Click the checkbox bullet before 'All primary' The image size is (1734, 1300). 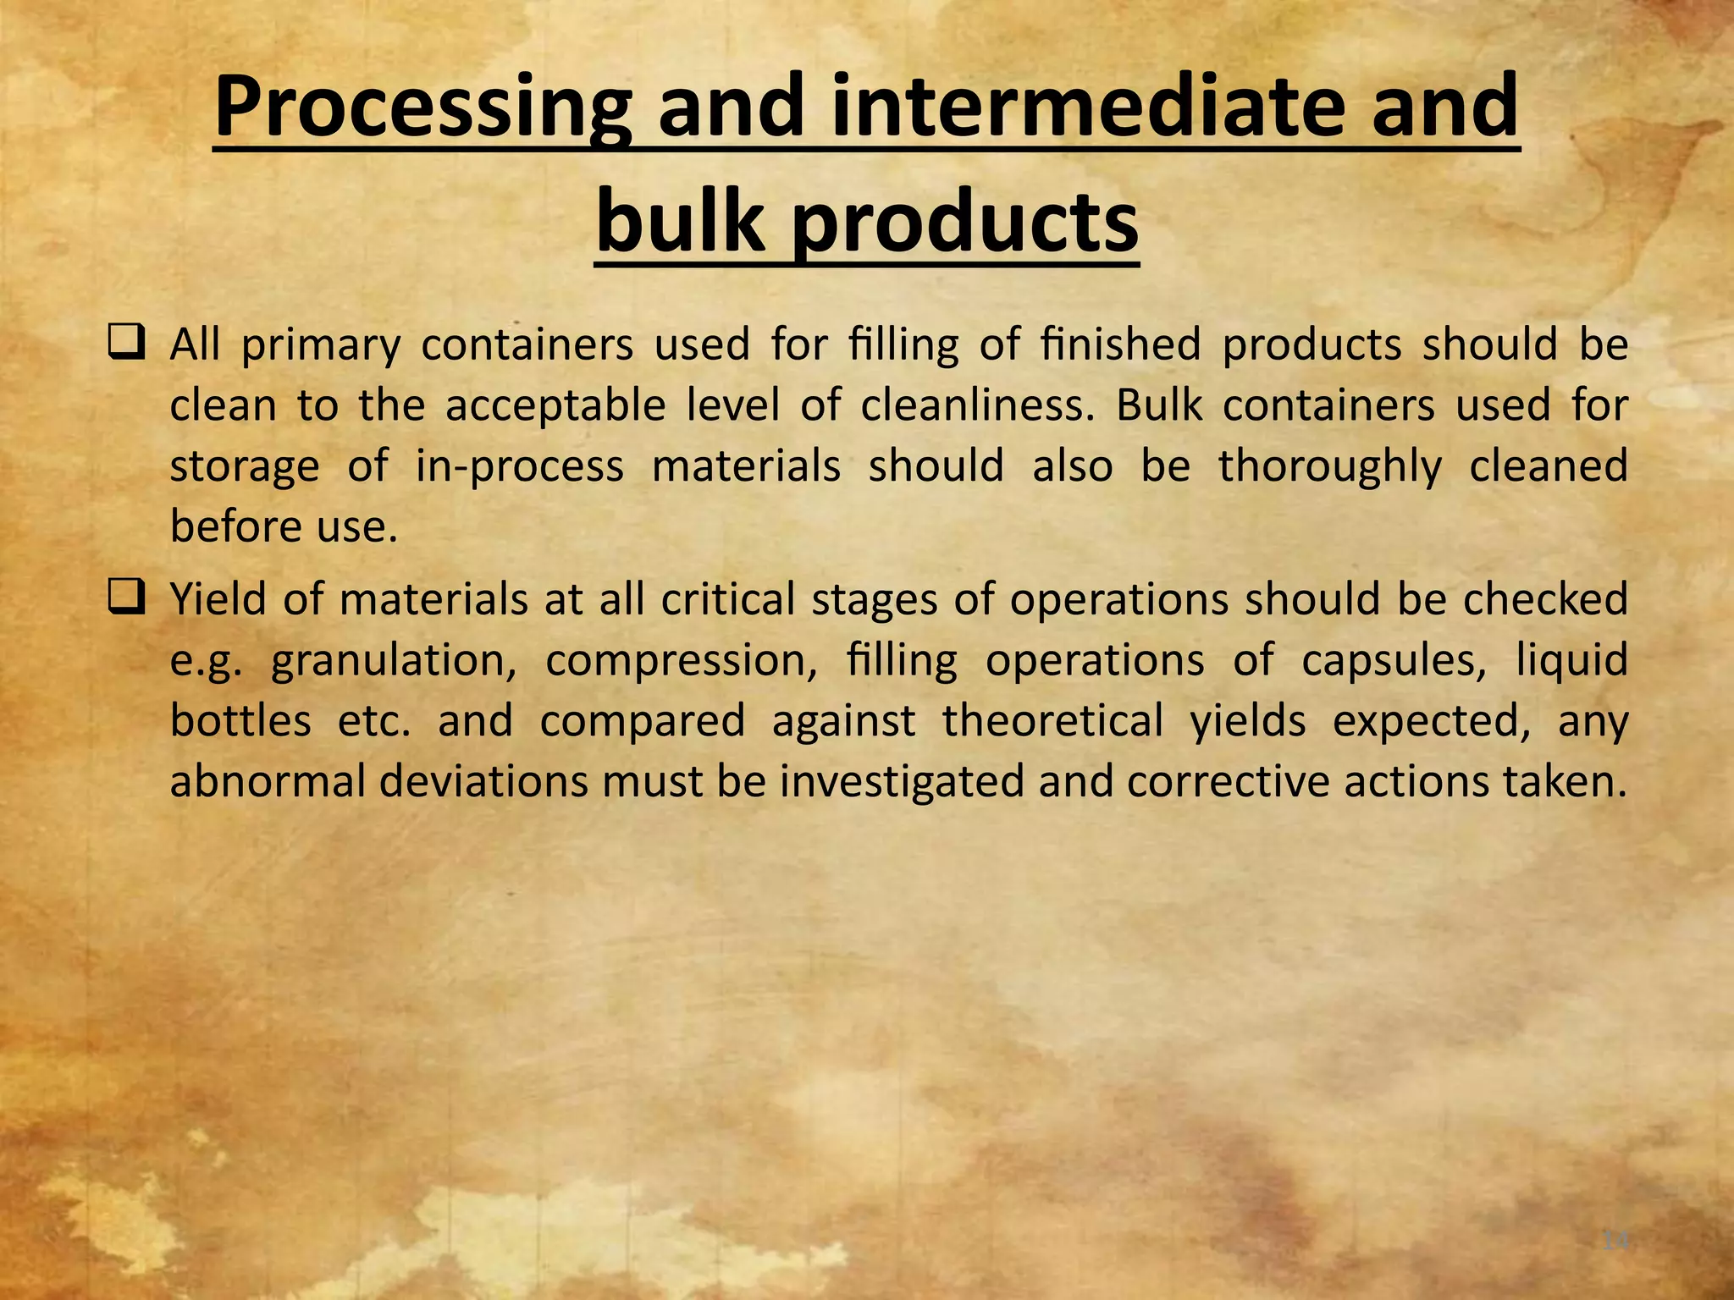pos(128,344)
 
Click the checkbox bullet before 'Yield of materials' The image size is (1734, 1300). pos(128,599)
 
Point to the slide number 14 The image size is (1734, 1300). pos(1615,1241)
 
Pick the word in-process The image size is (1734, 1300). pos(519,467)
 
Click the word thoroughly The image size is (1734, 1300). pos(1329,467)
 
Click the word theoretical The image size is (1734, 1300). pos(1052,721)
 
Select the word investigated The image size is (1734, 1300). pos(902,782)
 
